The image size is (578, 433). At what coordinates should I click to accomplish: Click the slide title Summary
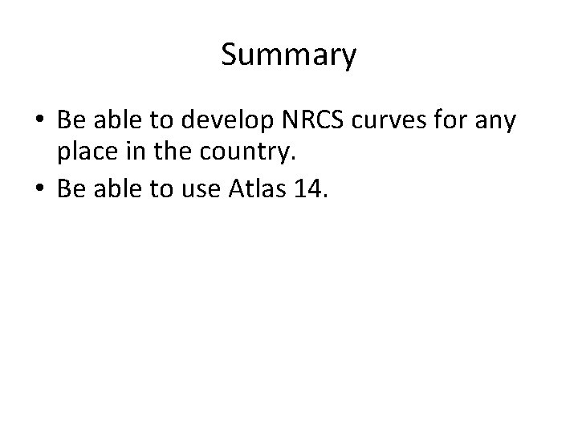point(288,56)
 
